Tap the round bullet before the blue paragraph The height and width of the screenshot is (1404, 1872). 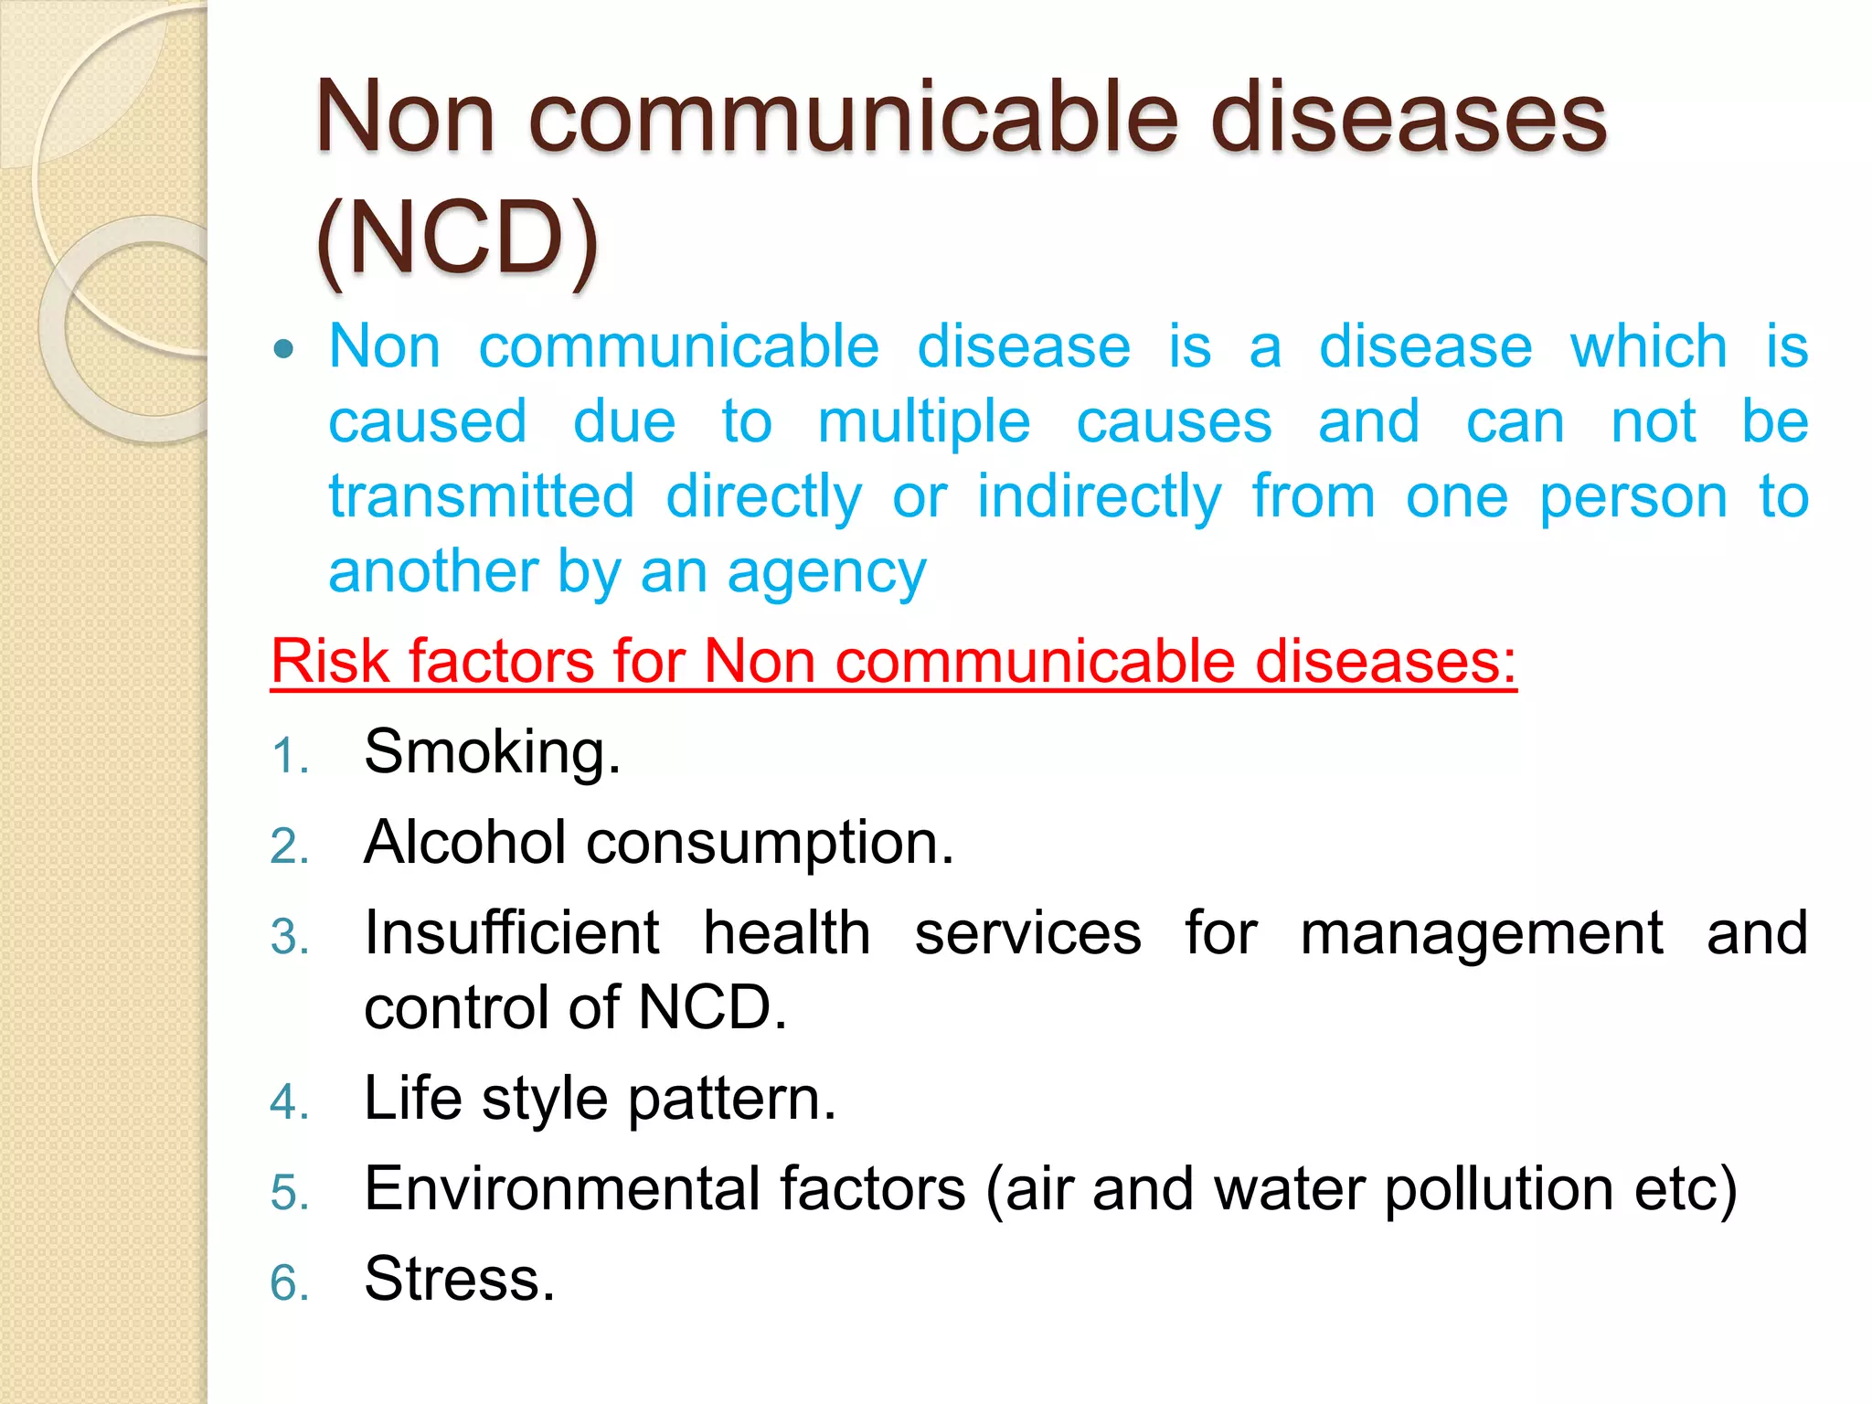(285, 349)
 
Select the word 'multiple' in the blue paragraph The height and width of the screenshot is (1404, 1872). (923, 422)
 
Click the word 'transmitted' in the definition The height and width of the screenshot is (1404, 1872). (481, 497)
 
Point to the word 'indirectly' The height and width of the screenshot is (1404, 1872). (1099, 497)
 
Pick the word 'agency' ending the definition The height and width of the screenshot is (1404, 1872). (826, 574)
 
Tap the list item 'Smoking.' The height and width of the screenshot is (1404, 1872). (492, 752)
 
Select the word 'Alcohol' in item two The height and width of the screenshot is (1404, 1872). (464, 842)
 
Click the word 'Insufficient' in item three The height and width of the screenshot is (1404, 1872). (511, 933)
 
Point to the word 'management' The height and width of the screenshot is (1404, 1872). (1481, 933)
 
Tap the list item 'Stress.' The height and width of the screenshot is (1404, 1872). (459, 1279)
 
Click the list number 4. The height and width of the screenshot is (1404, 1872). (289, 1101)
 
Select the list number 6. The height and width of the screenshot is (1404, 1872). (289, 1282)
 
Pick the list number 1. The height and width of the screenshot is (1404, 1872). (289, 757)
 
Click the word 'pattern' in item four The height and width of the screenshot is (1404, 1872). (730, 1099)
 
